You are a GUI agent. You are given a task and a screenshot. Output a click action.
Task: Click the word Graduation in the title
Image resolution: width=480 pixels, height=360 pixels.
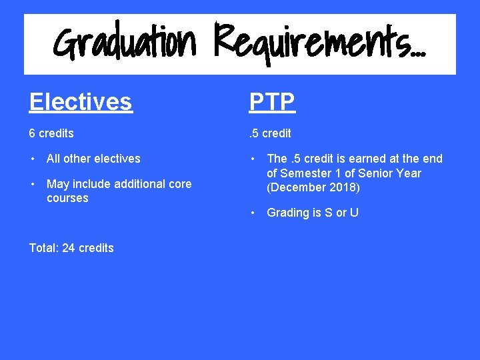pos(125,43)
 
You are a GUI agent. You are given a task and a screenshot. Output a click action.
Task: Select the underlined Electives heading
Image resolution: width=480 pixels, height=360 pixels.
pos(81,102)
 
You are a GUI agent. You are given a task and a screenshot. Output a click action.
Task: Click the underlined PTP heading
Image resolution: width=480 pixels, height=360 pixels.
pos(272,102)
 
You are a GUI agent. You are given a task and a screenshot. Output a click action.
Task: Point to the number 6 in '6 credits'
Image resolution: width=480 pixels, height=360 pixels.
pos(32,133)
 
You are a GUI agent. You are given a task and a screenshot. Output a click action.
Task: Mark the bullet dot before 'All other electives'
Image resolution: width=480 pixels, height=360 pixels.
pos(33,159)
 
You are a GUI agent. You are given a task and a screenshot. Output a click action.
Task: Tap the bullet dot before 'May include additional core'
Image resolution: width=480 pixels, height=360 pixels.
pos(33,184)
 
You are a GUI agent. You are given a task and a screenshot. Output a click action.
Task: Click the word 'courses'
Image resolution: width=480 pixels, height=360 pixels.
pos(67,198)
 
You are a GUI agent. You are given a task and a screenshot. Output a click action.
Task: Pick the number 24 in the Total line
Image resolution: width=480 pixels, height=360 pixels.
pos(69,248)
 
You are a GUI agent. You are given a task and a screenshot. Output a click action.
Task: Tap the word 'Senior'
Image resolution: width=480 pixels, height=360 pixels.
pos(376,173)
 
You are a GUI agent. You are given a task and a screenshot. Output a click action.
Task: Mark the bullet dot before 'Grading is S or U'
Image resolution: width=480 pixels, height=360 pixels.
pos(253,213)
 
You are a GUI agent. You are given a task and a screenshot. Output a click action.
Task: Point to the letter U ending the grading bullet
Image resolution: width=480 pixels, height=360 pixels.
pos(354,213)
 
